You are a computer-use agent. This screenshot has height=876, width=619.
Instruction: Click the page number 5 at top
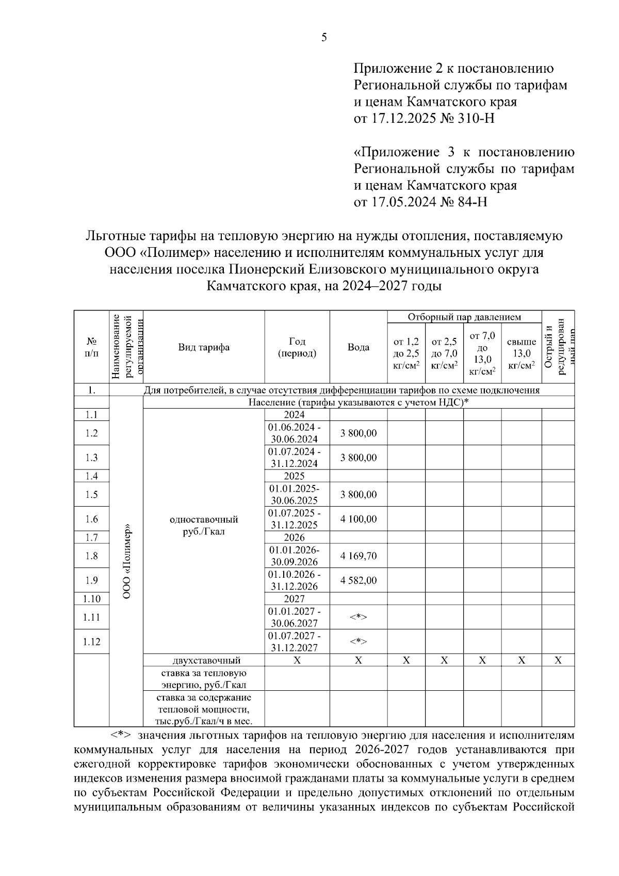pos(324,37)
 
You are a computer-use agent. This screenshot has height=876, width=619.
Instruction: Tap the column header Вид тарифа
pos(204,347)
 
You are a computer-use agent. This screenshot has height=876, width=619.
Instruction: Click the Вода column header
pos(358,347)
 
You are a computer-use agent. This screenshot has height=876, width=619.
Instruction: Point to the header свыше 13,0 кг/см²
pos(521,353)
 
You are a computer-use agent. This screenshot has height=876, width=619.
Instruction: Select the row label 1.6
pos(91,519)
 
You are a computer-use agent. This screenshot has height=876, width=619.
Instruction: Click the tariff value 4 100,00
pos(358,519)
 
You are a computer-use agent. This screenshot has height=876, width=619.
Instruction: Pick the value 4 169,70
pos(358,556)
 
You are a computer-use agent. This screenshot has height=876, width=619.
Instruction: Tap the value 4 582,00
pos(358,580)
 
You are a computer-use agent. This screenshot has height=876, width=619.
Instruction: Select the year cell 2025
pos(295,476)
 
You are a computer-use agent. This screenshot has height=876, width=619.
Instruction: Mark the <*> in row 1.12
pos(358,642)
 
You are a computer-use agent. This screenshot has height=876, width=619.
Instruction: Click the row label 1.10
pos(91,599)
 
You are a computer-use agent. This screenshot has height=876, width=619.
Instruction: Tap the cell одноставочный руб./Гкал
pos(204,525)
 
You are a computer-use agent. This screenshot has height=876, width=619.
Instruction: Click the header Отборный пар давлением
pos(464,317)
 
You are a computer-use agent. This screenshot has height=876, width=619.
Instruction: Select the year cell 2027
pos(295,599)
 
